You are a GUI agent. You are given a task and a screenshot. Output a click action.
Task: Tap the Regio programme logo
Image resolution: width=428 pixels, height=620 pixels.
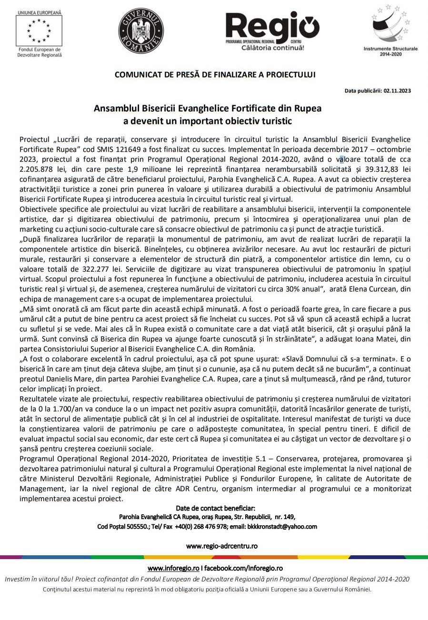coord(272,29)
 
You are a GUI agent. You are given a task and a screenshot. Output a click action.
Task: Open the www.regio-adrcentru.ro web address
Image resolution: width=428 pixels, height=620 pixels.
coord(222,546)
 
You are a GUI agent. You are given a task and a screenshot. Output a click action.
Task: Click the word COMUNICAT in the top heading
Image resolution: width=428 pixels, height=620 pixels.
coord(136,75)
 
